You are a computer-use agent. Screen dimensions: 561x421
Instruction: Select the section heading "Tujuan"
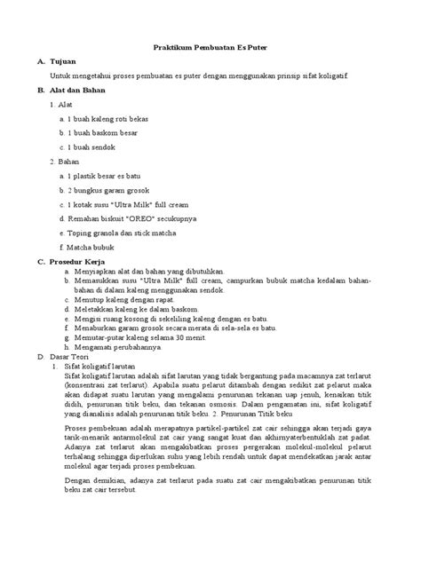[68, 62]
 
